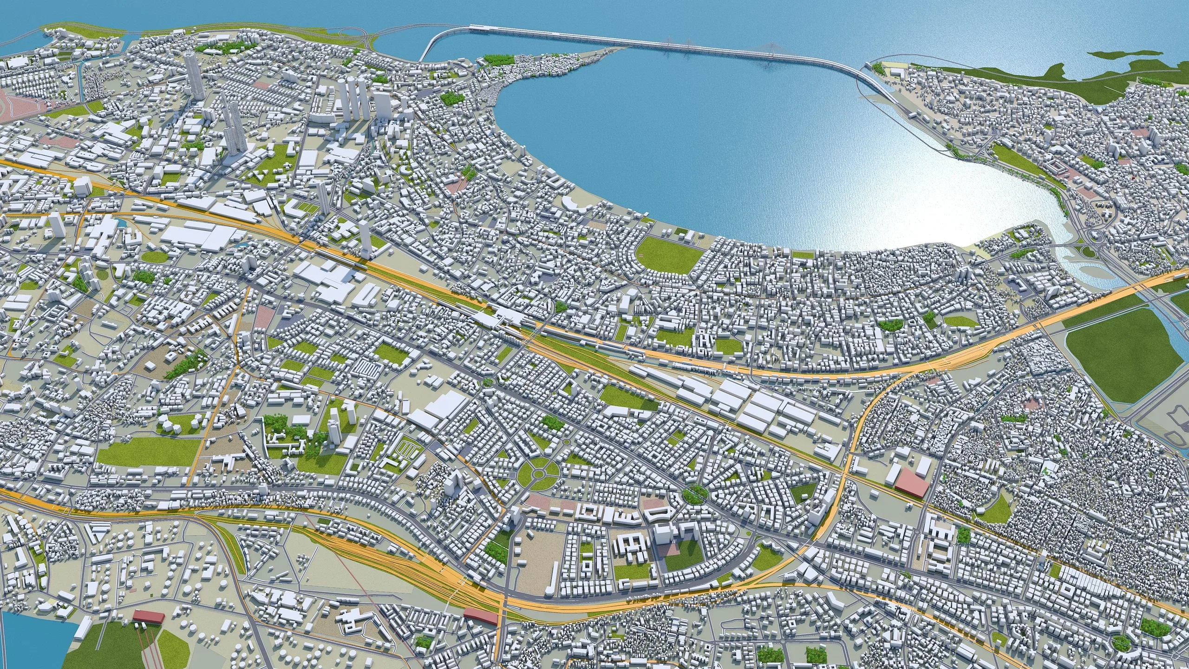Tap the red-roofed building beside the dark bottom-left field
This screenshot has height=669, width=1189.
(x=149, y=617)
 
